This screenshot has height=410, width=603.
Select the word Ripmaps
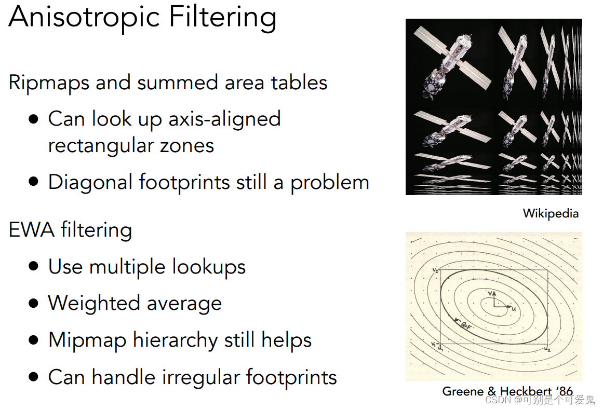[50, 83]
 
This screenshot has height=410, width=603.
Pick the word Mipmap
[87, 340]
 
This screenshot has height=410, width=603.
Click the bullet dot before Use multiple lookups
[34, 267]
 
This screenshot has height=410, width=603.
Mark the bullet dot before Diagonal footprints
[34, 182]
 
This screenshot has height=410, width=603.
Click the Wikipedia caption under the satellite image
[551, 213]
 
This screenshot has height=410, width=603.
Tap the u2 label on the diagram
[547, 349]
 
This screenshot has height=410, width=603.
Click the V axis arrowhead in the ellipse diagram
[494, 292]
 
